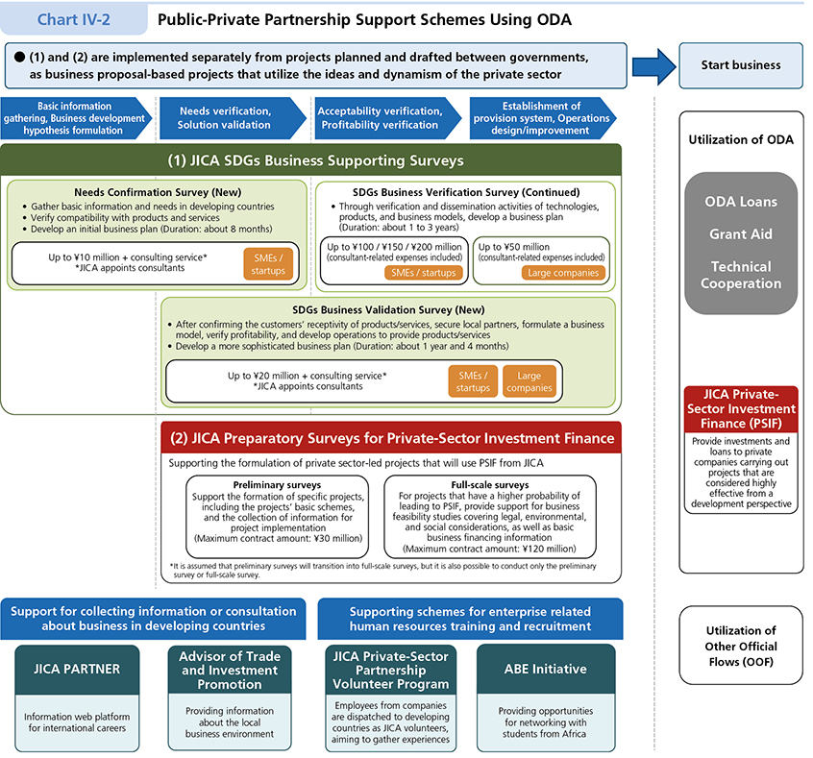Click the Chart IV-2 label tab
pyautogui.click(x=73, y=18)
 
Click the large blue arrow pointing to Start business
pyautogui.click(x=653, y=66)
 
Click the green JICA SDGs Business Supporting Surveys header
pyautogui.click(x=312, y=160)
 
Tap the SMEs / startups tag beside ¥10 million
pyautogui.click(x=269, y=264)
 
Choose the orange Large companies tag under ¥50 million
pyautogui.click(x=564, y=273)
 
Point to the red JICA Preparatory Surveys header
pyautogui.click(x=392, y=438)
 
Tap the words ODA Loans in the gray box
pyautogui.click(x=741, y=202)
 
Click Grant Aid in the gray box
pyautogui.click(x=741, y=234)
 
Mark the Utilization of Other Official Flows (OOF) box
pyautogui.click(x=740, y=647)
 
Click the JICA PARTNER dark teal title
pyautogui.click(x=77, y=669)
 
